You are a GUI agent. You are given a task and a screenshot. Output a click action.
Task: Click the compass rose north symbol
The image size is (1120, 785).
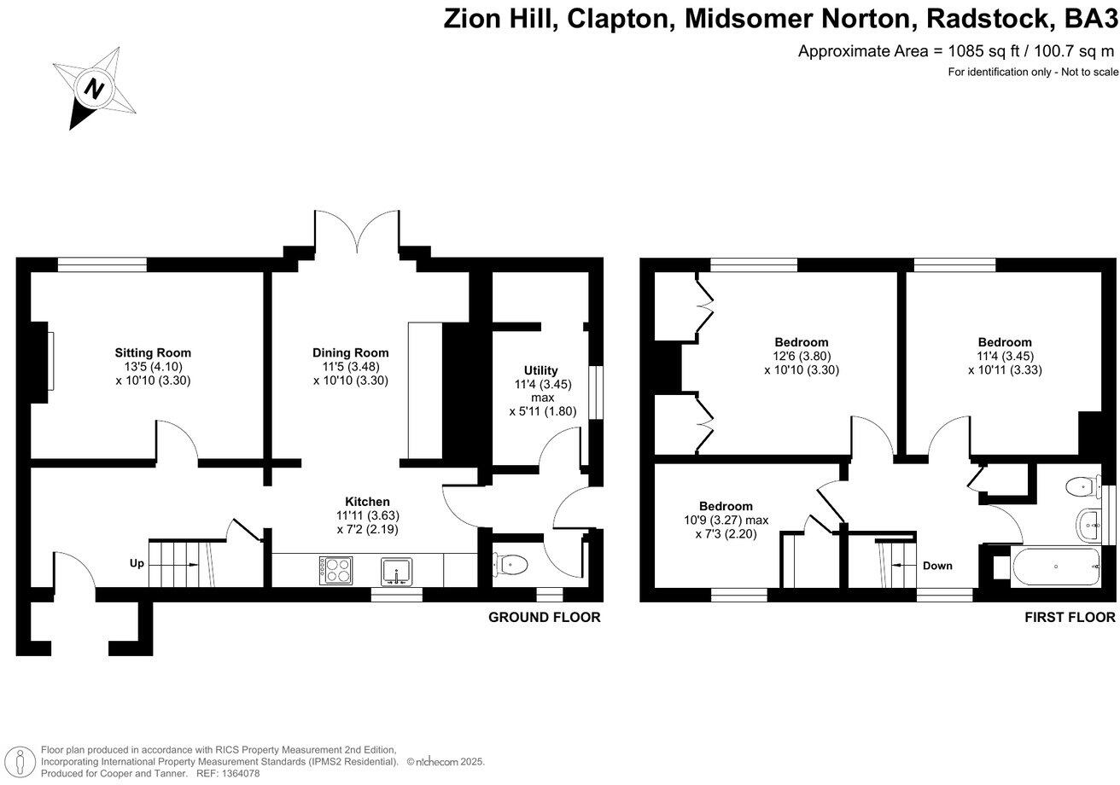[x=95, y=88]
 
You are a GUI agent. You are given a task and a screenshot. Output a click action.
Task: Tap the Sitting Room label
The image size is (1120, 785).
[x=153, y=352]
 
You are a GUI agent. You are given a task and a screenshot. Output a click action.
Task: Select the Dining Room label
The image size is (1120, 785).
[x=350, y=352]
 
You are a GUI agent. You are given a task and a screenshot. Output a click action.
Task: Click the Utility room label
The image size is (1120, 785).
[x=541, y=370]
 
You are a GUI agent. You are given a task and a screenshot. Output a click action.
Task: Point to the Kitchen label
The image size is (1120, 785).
[x=367, y=501]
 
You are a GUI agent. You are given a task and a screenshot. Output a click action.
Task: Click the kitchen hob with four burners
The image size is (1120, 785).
[x=335, y=570]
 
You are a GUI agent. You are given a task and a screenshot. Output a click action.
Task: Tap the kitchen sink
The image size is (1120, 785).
[x=396, y=571]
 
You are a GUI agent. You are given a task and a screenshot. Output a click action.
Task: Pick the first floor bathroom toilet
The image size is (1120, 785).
[x=1082, y=486]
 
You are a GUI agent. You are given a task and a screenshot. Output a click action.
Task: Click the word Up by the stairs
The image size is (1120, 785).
[x=137, y=564]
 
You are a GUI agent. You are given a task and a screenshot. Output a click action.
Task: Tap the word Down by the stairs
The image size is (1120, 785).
[x=937, y=566]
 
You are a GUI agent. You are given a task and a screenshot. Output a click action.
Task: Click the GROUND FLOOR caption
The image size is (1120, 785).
[x=544, y=617]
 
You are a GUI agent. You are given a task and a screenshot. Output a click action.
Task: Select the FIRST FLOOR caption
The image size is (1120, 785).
[x=1070, y=617]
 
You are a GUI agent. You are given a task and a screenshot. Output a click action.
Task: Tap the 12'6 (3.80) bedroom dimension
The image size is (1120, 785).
[x=802, y=357]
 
